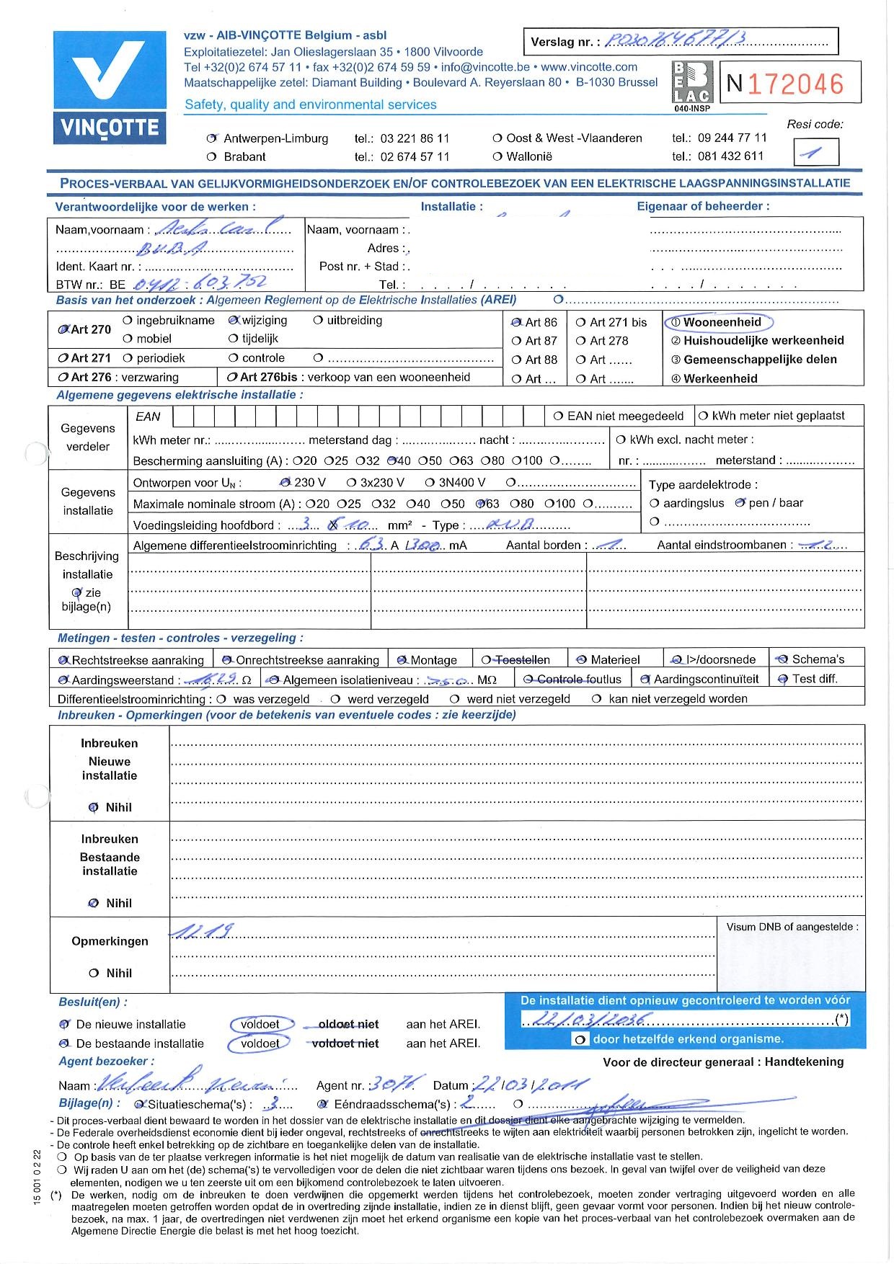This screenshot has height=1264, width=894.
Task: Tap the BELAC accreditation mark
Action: (x=691, y=85)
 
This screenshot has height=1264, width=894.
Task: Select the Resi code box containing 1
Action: (x=816, y=153)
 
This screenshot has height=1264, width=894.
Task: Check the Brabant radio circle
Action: (x=211, y=157)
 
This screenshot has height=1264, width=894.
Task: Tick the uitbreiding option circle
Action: (x=318, y=321)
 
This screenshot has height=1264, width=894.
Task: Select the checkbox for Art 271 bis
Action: (x=580, y=323)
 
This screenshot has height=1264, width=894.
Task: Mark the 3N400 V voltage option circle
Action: (x=430, y=482)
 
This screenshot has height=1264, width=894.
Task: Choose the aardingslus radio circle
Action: (x=655, y=503)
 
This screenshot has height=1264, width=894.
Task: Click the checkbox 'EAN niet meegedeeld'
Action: (x=558, y=416)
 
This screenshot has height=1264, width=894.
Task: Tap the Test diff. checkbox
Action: (x=782, y=679)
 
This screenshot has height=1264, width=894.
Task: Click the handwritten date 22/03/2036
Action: (x=588, y=1019)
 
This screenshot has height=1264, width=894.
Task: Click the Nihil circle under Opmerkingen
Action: (x=94, y=974)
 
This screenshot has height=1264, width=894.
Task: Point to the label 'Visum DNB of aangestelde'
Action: (x=792, y=927)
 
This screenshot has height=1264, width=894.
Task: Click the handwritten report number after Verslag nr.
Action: (x=665, y=41)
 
